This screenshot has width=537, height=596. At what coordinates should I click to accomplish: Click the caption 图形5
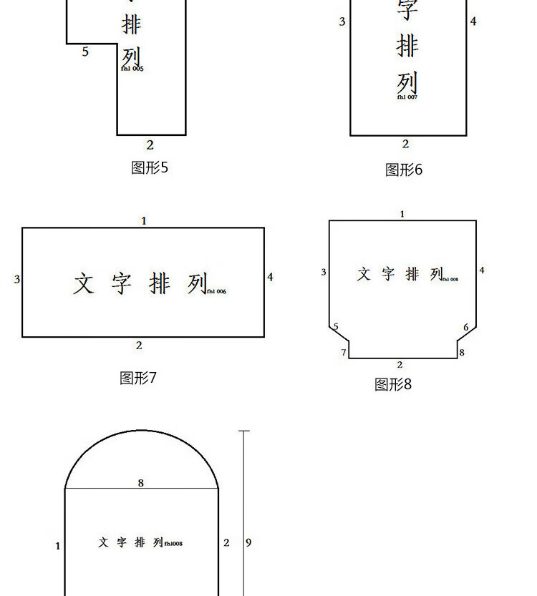click(x=149, y=167)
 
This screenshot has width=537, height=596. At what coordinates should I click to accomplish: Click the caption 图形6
click(x=404, y=170)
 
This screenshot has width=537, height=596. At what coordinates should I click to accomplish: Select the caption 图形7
click(x=137, y=378)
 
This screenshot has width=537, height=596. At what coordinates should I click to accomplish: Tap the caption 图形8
click(x=393, y=384)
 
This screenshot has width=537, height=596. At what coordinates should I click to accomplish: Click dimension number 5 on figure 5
click(x=85, y=52)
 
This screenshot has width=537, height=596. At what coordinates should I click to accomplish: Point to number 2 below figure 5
click(x=150, y=145)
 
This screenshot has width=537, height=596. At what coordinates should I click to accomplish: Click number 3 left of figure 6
click(x=342, y=21)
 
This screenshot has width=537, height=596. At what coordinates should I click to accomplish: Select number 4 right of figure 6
click(x=473, y=21)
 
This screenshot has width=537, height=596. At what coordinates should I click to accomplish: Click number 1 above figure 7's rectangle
click(x=143, y=221)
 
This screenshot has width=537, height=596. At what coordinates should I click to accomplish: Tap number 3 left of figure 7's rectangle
click(x=16, y=279)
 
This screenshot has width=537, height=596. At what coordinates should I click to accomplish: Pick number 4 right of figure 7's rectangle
click(x=270, y=277)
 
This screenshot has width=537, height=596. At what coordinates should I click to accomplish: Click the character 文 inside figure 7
click(x=83, y=283)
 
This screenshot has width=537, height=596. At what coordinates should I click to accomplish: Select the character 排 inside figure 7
click(x=160, y=283)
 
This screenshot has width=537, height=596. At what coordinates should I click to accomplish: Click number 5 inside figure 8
click(x=336, y=327)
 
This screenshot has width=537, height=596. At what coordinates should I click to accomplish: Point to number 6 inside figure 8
click(x=466, y=328)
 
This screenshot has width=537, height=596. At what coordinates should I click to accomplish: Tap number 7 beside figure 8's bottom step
click(x=344, y=353)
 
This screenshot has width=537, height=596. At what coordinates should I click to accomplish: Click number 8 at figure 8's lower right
click(x=462, y=353)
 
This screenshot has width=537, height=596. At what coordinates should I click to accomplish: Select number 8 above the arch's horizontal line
click(x=140, y=483)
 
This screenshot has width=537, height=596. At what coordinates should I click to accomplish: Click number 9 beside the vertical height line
click(x=248, y=542)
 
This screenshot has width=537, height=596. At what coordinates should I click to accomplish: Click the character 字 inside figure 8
click(x=387, y=274)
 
